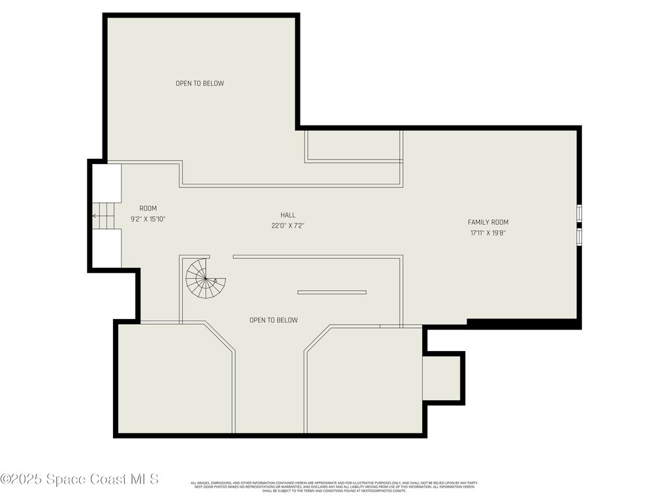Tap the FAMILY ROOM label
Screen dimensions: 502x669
(x=488, y=222)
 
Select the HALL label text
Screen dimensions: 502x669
(x=288, y=215)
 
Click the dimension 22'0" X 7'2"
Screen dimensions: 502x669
(x=288, y=226)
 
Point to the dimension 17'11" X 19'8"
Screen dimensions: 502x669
(x=488, y=233)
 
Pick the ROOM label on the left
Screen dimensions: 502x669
(x=148, y=209)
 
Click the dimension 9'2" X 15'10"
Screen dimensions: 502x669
(x=148, y=219)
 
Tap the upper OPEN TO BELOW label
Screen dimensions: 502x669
(x=200, y=84)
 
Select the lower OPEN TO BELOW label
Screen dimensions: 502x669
(x=274, y=320)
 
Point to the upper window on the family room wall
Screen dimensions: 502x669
(x=579, y=214)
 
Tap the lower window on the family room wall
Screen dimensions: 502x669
(x=579, y=235)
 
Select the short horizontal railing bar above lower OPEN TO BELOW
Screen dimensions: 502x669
(x=332, y=292)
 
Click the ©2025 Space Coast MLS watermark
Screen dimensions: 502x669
(x=79, y=479)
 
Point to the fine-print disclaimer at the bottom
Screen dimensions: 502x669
(x=334, y=486)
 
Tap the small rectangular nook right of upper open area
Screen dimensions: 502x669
(x=353, y=146)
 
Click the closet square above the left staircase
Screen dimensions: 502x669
(x=106, y=183)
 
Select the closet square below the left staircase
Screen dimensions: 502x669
(x=106, y=248)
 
